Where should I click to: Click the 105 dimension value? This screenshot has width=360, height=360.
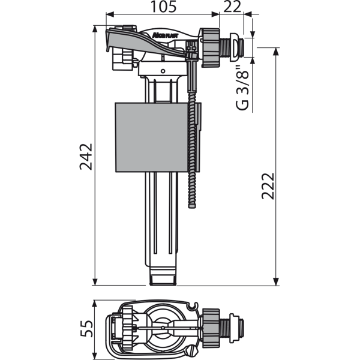(x=163, y=7)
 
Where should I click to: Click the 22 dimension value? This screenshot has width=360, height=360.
(x=232, y=7)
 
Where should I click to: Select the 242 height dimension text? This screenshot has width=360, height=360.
(x=86, y=157)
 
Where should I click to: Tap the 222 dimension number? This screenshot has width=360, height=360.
(x=268, y=186)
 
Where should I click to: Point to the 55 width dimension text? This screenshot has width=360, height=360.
(x=86, y=329)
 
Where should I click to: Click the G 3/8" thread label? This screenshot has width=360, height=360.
(x=242, y=88)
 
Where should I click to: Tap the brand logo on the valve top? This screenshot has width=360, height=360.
(x=166, y=35)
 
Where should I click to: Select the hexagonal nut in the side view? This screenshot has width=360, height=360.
(x=211, y=47)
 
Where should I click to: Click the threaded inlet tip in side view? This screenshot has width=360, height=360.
(x=241, y=48)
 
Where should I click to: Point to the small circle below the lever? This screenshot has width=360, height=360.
(x=163, y=71)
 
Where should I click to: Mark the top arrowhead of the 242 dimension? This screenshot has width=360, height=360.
(x=95, y=29)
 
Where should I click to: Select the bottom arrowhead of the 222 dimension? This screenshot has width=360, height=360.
(x=276, y=282)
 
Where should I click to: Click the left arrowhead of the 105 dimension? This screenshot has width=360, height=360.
(x=110, y=14)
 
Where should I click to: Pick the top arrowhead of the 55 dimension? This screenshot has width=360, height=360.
(x=94, y=304)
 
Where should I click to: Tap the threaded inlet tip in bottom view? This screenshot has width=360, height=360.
(x=241, y=327)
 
